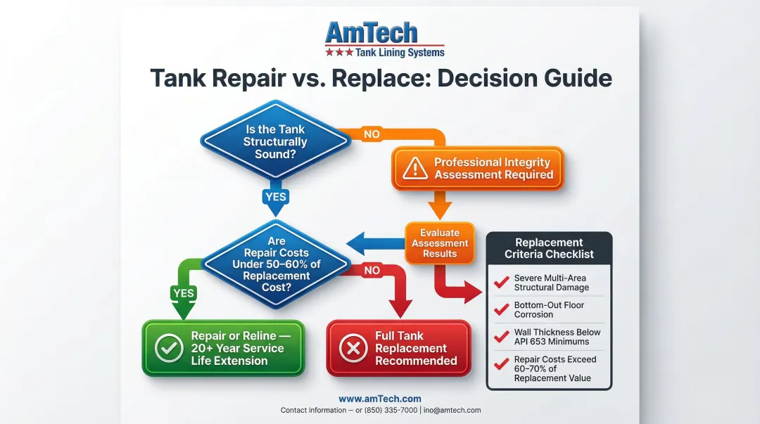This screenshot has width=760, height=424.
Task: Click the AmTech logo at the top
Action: coord(384,39)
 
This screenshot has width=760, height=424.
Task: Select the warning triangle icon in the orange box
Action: coord(415,168)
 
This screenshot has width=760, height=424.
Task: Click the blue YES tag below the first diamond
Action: coord(275,196)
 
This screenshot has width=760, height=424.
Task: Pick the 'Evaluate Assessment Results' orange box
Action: coord(440,243)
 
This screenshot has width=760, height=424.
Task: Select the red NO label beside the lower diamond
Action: coord(372,270)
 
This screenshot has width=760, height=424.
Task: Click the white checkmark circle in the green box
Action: coord(169,348)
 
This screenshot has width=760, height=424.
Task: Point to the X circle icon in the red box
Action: coord(353,349)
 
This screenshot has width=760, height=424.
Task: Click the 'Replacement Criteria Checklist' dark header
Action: coord(549,248)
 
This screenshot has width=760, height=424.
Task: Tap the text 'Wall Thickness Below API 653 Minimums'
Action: coord(557,337)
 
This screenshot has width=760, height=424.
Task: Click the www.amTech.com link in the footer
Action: coord(379,399)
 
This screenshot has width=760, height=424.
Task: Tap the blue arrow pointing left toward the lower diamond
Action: coord(373,243)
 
